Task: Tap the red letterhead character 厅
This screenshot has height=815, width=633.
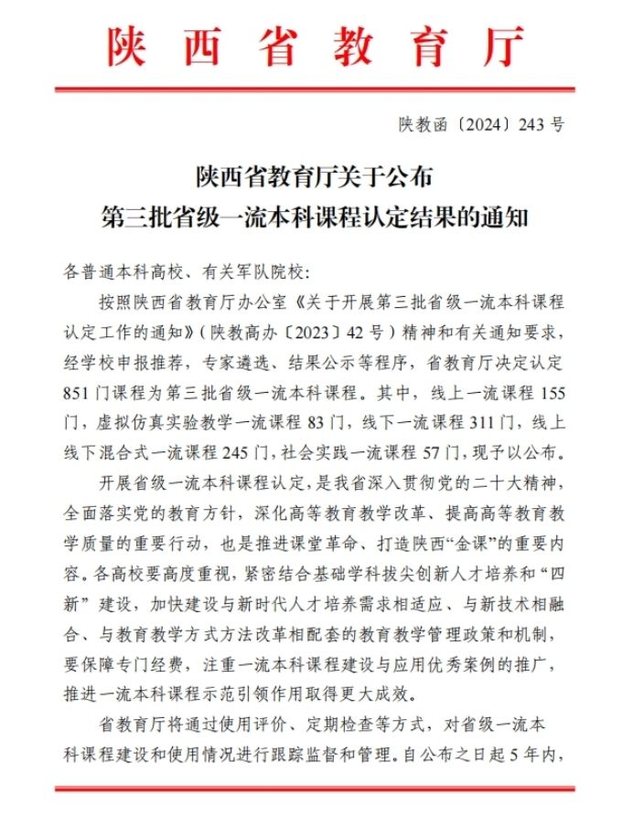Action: tap(503, 46)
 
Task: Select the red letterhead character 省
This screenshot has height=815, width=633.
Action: tap(276, 46)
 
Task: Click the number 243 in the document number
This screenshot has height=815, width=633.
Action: tap(531, 125)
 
